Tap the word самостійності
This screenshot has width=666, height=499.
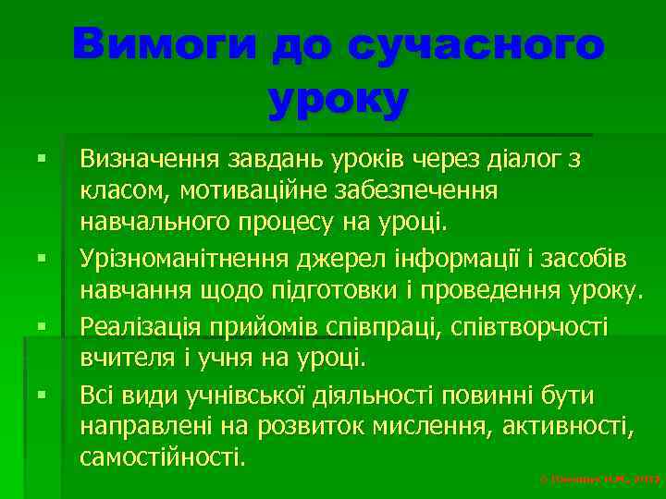click(x=163, y=456)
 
